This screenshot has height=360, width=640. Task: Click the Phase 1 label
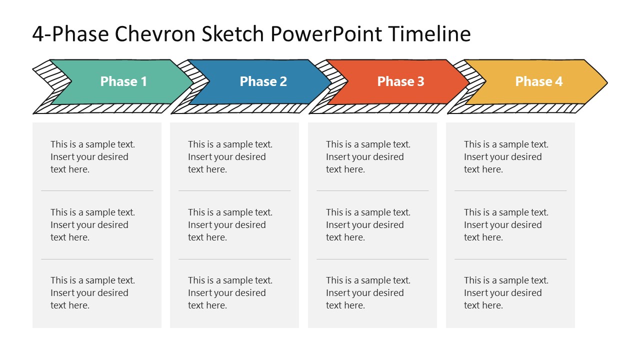tap(123, 81)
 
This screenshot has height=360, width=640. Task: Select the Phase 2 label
tap(263, 81)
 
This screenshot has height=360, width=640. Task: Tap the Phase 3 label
tap(400, 81)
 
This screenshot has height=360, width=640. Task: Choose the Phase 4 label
tap(538, 81)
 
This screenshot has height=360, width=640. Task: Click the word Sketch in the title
tap(233, 34)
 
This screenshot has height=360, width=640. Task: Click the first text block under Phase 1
tap(92, 157)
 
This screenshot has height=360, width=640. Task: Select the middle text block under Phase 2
tap(230, 225)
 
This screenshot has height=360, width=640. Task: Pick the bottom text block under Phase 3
tap(368, 293)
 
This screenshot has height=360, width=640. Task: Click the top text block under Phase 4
tap(506, 157)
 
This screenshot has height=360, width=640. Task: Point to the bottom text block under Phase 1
tap(92, 293)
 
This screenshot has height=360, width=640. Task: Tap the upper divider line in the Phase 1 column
tap(97, 190)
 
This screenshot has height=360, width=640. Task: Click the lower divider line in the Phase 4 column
tap(510, 259)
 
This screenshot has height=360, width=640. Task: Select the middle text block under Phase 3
tap(368, 225)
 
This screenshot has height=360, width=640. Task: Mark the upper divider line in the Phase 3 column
tap(372, 190)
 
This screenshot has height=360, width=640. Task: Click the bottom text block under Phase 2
tap(230, 293)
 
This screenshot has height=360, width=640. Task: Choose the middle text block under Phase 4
tap(506, 225)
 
